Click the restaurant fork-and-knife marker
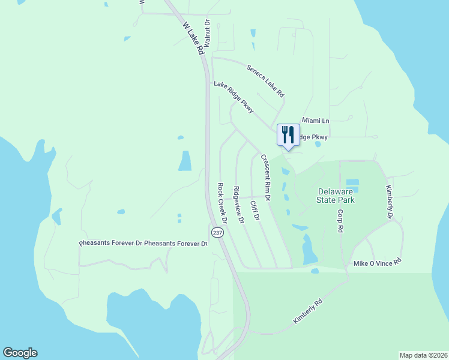288,134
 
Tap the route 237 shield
217,232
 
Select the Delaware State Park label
336,196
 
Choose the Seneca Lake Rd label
265,81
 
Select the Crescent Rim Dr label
265,177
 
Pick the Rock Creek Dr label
221,203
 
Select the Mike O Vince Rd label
377,263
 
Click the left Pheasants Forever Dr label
111,244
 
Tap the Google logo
20,353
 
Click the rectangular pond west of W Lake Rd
185,161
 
